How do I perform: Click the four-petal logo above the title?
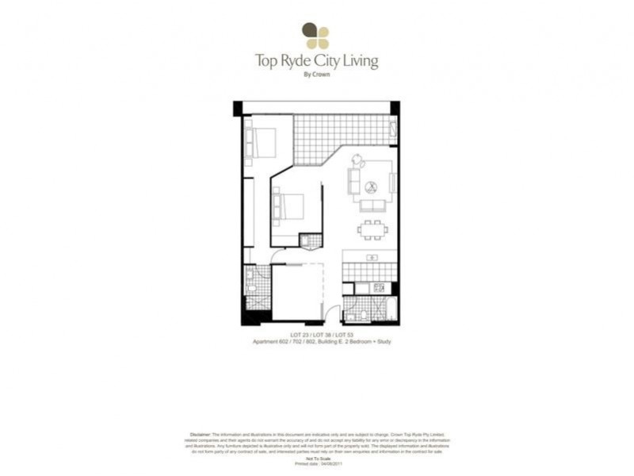pyautogui.click(x=315, y=36)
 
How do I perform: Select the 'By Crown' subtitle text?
pyautogui.click(x=316, y=75)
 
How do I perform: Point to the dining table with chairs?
pyautogui.click(x=372, y=230)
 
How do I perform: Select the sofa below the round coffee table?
pyautogui.click(x=372, y=205)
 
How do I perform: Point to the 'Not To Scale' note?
pyautogui.click(x=316, y=459)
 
